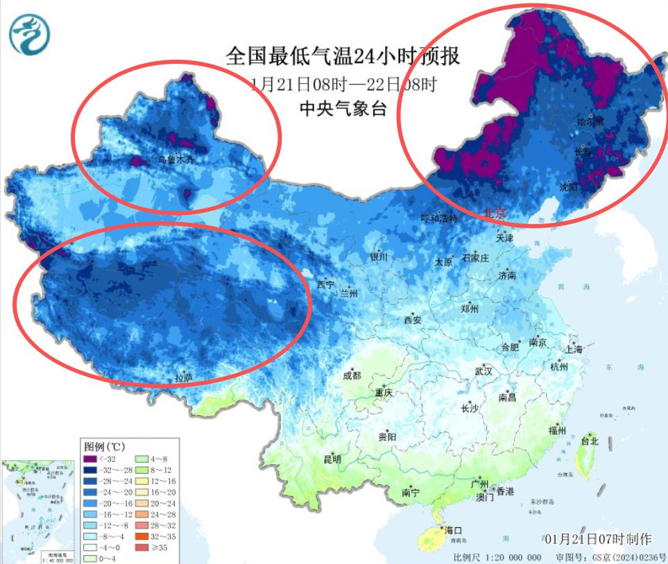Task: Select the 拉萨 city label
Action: coord(184,378)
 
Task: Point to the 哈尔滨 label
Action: coord(590,121)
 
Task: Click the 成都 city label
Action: coord(352,375)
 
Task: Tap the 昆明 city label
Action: coord(332,459)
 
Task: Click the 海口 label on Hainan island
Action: coord(454,530)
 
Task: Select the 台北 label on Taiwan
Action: coord(589,441)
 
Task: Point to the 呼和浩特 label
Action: coord(440,218)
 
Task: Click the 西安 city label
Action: coord(413,320)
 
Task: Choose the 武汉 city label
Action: coord(483,371)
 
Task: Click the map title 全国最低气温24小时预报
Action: coord(343,55)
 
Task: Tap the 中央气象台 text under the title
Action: coord(343,108)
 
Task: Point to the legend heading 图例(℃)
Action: coord(104,446)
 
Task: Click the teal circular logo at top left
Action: coord(30,35)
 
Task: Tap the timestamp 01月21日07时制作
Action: coord(598,538)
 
